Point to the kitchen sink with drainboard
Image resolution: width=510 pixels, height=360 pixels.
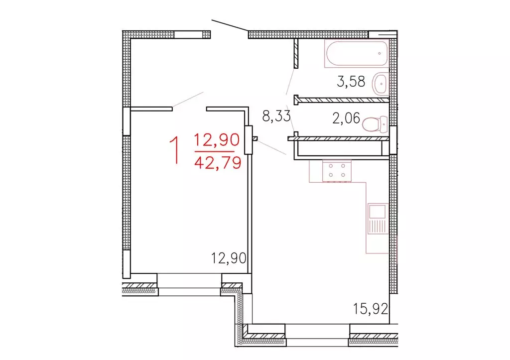377,220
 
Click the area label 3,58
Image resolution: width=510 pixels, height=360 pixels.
351,82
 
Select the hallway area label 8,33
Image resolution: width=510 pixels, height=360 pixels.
277,117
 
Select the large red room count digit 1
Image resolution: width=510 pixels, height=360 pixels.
174,151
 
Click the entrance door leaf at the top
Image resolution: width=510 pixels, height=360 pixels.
230,28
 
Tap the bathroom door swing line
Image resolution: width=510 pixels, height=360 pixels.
290,82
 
